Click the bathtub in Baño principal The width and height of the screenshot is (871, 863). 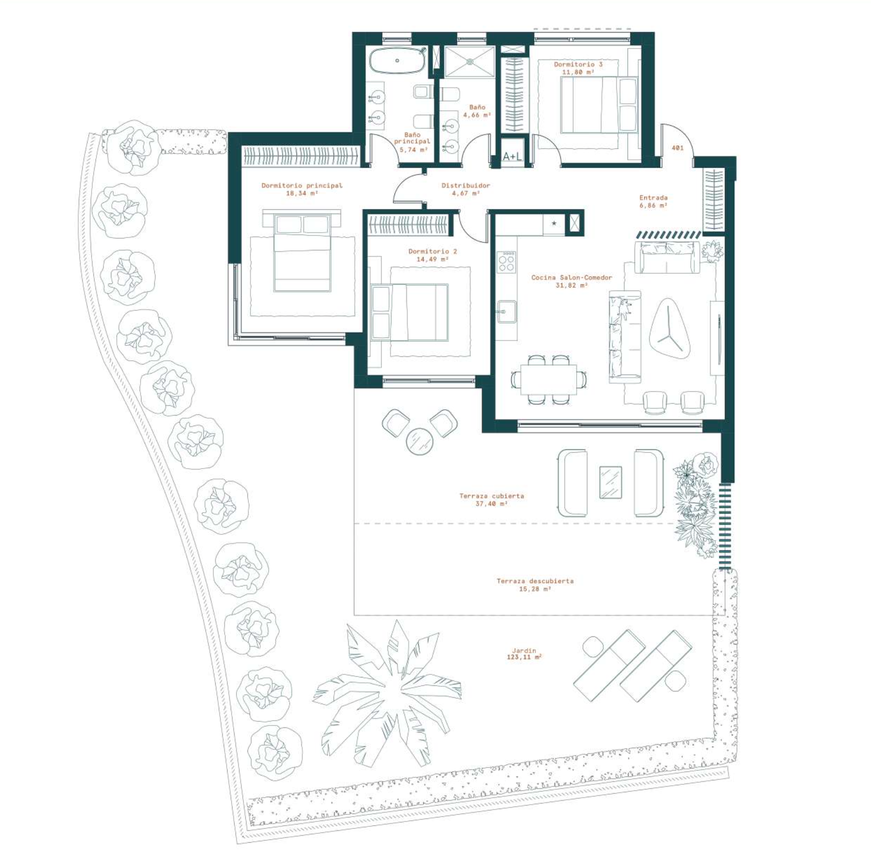(397, 60)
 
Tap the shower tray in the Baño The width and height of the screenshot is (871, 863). (469, 62)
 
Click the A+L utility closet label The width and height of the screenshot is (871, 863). (512, 156)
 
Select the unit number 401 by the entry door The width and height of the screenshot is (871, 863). (677, 147)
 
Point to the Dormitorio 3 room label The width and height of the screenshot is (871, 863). (578, 64)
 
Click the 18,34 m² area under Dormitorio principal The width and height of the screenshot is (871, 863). (302, 193)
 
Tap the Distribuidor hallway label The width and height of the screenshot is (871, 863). (466, 186)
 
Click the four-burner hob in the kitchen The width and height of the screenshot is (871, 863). (506, 261)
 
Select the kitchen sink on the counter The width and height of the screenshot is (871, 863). (506, 312)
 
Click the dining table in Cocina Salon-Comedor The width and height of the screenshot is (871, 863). (548, 380)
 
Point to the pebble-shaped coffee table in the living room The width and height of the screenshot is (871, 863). (670, 329)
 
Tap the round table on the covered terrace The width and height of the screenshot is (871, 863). (420, 440)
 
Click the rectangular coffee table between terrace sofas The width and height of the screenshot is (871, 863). (611, 482)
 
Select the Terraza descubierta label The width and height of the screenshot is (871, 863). (535, 581)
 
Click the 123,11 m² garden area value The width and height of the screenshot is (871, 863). (524, 657)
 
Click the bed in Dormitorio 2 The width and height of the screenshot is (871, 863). (409, 312)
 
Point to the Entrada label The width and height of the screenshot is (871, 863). (653, 197)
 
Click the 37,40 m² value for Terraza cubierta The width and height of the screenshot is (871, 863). (491, 504)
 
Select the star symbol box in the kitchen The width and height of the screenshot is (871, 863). (554, 224)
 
